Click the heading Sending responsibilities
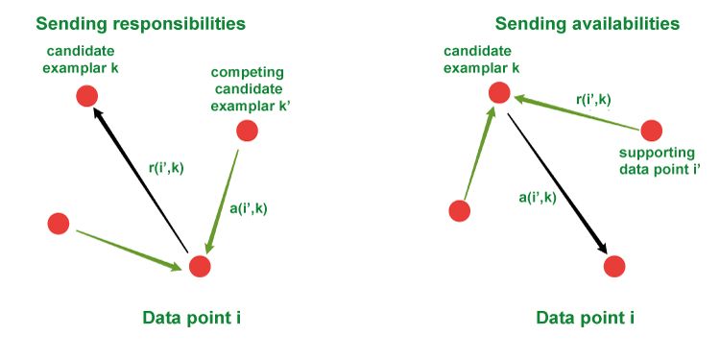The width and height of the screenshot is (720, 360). point(140,22)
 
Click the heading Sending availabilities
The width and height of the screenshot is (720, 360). point(587,22)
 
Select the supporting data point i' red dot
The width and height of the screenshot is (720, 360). point(651,130)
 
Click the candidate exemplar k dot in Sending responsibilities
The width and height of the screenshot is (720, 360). point(86,95)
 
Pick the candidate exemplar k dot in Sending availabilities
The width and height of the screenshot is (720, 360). point(498,92)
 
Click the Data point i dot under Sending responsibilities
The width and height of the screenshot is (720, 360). point(199,266)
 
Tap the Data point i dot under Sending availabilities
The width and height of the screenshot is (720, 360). point(614,266)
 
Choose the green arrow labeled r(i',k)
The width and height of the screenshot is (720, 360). point(576,112)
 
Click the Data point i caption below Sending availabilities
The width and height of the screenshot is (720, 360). point(585,318)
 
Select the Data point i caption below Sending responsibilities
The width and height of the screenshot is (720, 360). point(191,318)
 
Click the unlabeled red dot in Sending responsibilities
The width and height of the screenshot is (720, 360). point(59,224)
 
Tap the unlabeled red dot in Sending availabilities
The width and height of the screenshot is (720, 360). point(460,210)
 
